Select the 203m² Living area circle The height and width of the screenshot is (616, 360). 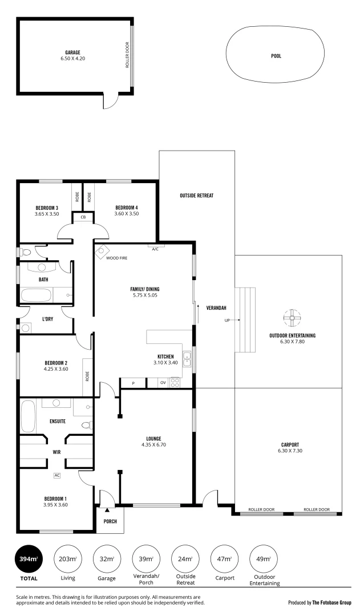[67, 559]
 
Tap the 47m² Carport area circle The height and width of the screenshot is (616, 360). [225, 559]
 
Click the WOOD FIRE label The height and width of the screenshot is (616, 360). [117, 258]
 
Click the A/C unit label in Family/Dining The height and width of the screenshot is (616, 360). [155, 248]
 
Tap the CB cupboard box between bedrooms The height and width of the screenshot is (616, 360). [83, 217]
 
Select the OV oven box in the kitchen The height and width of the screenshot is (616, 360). [163, 383]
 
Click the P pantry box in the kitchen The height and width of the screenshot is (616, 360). [133, 383]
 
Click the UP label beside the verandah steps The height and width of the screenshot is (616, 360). [227, 321]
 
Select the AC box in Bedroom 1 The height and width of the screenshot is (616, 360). [57, 475]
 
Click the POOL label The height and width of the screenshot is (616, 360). [276, 56]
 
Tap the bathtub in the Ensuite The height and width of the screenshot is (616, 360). [29, 417]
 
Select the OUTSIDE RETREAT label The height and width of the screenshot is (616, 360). [196, 196]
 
